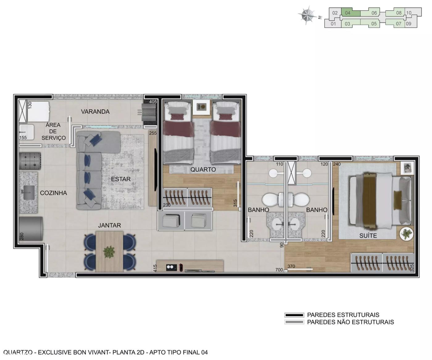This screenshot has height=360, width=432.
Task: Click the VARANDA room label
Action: (x=95, y=111)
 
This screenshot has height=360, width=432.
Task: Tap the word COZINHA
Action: (x=53, y=193)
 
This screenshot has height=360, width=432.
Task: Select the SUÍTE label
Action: (x=368, y=235)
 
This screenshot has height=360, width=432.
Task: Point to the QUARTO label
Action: (x=203, y=170)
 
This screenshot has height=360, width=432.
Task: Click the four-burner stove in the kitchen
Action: (x=30, y=161)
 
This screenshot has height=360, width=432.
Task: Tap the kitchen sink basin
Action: (x=29, y=193)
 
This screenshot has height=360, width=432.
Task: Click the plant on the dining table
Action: (x=109, y=252)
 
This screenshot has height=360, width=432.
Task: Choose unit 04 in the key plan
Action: (x=351, y=13)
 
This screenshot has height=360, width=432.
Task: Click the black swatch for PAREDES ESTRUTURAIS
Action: (x=294, y=315)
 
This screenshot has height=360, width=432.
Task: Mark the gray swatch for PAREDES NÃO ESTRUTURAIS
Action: (x=294, y=322)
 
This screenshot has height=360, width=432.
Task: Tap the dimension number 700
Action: (x=279, y=270)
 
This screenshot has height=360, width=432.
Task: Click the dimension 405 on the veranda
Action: (x=153, y=102)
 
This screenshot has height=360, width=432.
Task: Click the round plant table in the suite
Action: (x=406, y=234)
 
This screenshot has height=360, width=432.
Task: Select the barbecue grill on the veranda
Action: (x=149, y=112)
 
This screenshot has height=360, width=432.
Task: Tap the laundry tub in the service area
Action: (x=27, y=132)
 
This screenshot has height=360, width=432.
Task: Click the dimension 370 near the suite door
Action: (x=291, y=266)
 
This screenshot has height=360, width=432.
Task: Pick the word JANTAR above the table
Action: (x=110, y=225)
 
